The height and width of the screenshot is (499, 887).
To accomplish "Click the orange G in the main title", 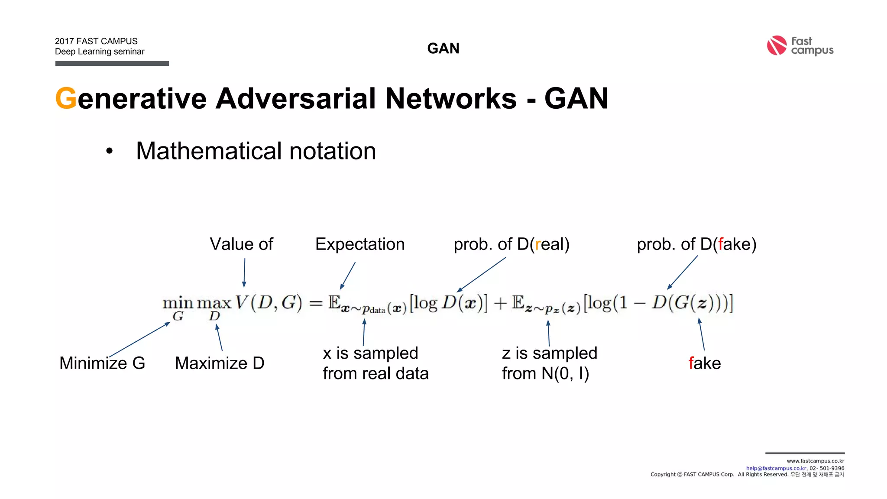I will pos(66,98).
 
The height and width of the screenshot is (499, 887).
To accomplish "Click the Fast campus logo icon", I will pos(776,45).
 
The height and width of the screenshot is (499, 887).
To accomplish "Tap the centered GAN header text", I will pos(443,48).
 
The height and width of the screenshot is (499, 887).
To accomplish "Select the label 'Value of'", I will pos(241,244).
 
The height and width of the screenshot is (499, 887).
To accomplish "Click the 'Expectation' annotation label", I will pos(359,244).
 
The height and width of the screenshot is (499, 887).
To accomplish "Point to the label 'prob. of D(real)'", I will pos(511,244).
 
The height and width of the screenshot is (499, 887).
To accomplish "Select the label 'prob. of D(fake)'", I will pos(696,244).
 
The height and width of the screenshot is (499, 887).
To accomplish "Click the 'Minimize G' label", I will pos(102,363).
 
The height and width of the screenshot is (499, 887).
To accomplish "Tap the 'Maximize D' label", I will pos(220,363).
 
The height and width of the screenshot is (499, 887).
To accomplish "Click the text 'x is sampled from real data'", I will pos(375,363).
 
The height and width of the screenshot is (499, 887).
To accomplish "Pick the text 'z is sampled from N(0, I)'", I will pos(549,363).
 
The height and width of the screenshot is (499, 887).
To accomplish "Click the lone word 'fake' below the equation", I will pos(705,363).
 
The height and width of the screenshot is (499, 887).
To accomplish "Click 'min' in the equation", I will pos(178,302).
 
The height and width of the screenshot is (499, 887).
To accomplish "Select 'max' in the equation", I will pos(214,302).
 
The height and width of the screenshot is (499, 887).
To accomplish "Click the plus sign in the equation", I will pos(500,303).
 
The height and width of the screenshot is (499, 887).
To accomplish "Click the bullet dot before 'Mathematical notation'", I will pos(109,151).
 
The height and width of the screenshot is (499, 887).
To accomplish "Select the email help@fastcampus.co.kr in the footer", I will pos(776,468).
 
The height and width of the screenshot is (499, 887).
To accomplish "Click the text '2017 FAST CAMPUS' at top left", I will pos(96,41).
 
